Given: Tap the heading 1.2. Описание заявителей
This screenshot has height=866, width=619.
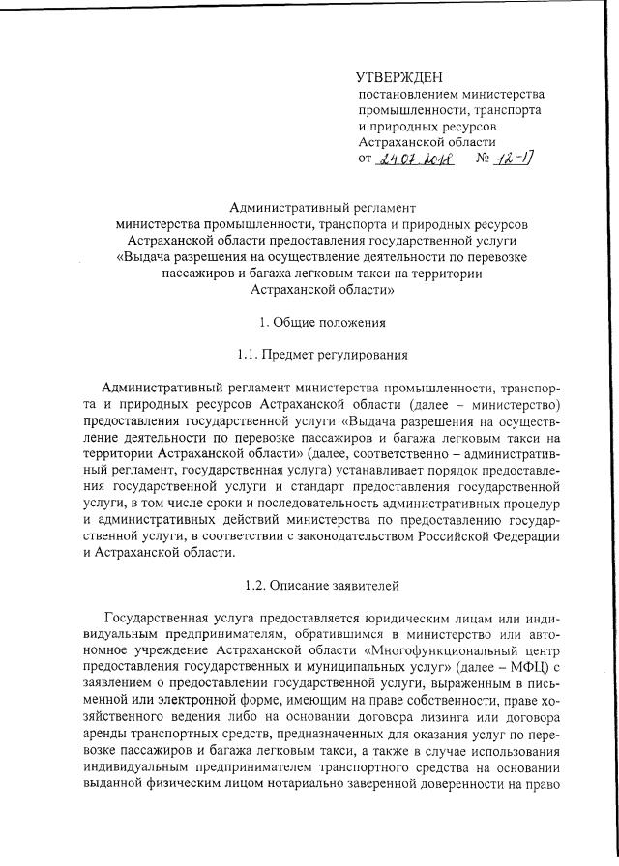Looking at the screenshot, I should pos(310,585).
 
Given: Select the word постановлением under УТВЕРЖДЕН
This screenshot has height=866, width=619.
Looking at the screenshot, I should pos(402,95).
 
